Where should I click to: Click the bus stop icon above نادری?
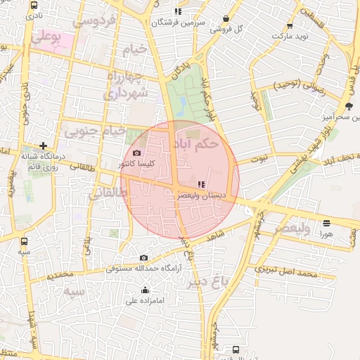[x=34, y=5]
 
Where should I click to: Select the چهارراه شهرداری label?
[x=128, y=84]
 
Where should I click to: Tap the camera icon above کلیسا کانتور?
[x=136, y=153]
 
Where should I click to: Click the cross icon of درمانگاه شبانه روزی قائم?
[x=43, y=146]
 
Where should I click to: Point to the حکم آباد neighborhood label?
[x=197, y=143]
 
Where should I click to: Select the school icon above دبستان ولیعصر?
[x=202, y=184]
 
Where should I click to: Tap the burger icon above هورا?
[x=326, y=224]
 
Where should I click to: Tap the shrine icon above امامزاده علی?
[x=145, y=290]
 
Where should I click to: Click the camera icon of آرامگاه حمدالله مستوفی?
[x=144, y=258]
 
